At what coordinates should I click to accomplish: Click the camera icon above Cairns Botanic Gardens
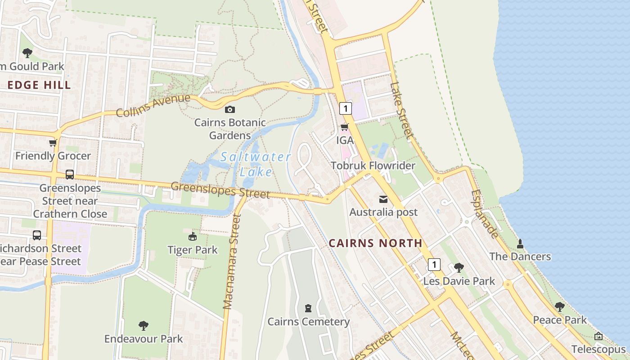pyautogui.click(x=229, y=109)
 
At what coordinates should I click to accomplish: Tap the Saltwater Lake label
pyautogui.click(x=256, y=164)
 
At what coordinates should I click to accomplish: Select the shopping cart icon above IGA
pyautogui.click(x=345, y=127)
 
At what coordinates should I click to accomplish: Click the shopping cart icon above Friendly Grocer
pyautogui.click(x=53, y=143)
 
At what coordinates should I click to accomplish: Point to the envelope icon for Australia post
pyautogui.click(x=383, y=199)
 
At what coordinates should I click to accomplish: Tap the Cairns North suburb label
pyautogui.click(x=375, y=243)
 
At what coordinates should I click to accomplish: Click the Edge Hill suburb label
pyautogui.click(x=39, y=85)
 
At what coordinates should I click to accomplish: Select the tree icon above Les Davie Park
pyautogui.click(x=459, y=268)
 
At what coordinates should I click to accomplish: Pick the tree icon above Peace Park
pyautogui.click(x=559, y=307)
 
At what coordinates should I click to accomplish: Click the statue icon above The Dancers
pyautogui.click(x=520, y=243)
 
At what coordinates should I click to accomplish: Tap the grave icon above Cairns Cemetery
pyautogui.click(x=308, y=308)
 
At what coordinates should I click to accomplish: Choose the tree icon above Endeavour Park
pyautogui.click(x=144, y=325)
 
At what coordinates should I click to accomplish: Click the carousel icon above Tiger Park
pyautogui.click(x=193, y=236)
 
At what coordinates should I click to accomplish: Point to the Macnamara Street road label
pyautogui.click(x=232, y=261)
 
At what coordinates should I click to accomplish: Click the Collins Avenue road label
pyautogui.click(x=153, y=105)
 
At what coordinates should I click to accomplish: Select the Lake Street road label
pyautogui.click(x=401, y=110)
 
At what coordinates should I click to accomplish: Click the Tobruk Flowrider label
pyautogui.click(x=373, y=166)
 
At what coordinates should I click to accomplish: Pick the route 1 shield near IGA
pyautogui.click(x=345, y=108)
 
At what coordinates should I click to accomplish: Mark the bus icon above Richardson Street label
pyautogui.click(x=37, y=235)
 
